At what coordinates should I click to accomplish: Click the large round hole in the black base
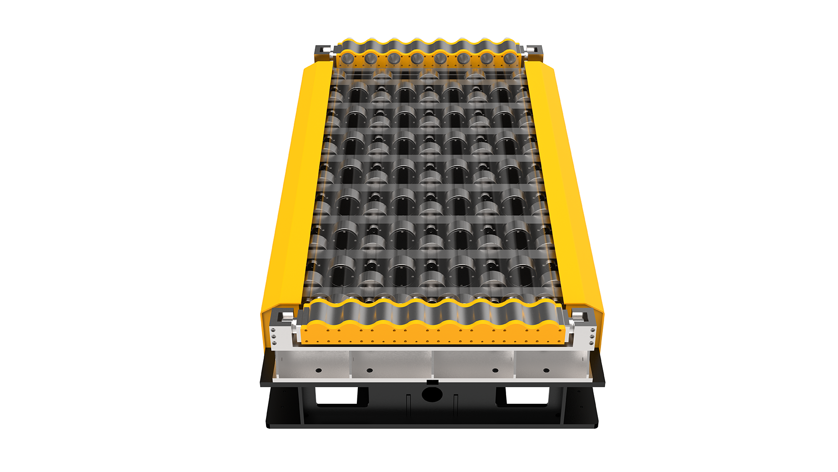click(x=432, y=394)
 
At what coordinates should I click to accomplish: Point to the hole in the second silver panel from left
click(x=369, y=370)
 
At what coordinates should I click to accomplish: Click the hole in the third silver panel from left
click(x=495, y=370)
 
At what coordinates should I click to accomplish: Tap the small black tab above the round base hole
click(x=432, y=382)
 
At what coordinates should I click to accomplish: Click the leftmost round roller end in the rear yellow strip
click(x=348, y=58)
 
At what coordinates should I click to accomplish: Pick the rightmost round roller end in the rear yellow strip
click(x=510, y=58)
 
